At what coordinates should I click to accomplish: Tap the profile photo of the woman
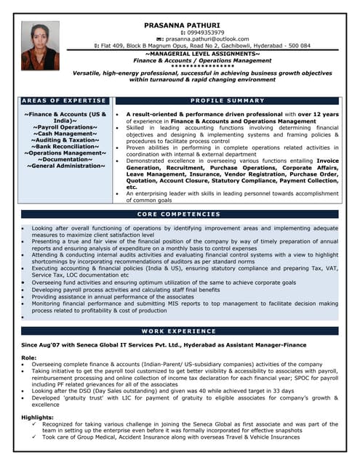[x=40, y=46]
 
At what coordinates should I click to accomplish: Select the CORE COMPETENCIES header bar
[x=179, y=214]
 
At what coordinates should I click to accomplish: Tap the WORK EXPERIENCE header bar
[x=179, y=331]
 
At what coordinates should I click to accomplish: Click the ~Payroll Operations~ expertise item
[x=65, y=127]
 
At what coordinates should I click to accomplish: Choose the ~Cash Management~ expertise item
[x=65, y=134]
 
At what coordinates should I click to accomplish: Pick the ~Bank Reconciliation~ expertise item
[x=65, y=147]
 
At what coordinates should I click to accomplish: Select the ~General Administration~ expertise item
[x=65, y=166]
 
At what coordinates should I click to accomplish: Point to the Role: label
[x=29, y=357]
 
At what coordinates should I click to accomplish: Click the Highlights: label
[x=37, y=416]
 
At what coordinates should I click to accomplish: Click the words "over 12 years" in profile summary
[x=316, y=114]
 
